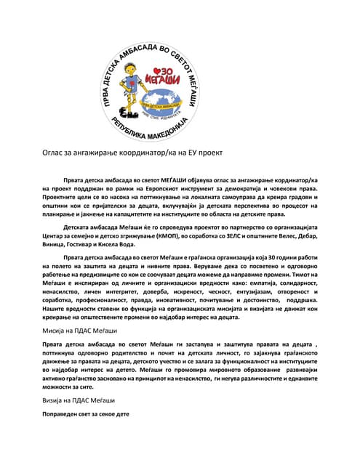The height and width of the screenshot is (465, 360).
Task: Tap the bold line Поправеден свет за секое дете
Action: click(85, 414)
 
